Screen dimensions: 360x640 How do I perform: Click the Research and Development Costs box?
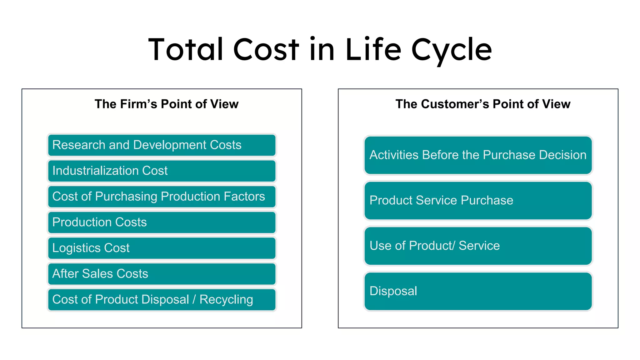click(x=162, y=145)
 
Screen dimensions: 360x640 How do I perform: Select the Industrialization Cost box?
click(x=162, y=171)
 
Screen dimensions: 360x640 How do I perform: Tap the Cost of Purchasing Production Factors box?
click(x=162, y=197)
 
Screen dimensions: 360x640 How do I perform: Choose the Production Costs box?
click(x=162, y=222)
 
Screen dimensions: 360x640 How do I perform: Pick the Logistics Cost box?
click(x=162, y=248)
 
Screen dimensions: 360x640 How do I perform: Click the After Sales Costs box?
click(x=162, y=274)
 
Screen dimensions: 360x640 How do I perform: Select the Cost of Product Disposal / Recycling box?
click(x=162, y=299)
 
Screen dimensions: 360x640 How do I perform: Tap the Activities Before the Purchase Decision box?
click(x=478, y=155)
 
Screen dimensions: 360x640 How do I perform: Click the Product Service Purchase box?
click(x=478, y=200)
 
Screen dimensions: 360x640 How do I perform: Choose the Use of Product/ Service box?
click(x=478, y=246)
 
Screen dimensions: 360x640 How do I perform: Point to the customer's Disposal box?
click(x=478, y=291)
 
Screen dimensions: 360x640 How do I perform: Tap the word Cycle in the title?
click(x=452, y=50)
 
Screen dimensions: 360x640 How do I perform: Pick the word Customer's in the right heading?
click(x=455, y=104)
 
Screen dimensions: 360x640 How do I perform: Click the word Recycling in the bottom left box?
click(x=226, y=300)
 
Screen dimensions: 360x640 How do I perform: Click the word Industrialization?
click(x=95, y=171)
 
